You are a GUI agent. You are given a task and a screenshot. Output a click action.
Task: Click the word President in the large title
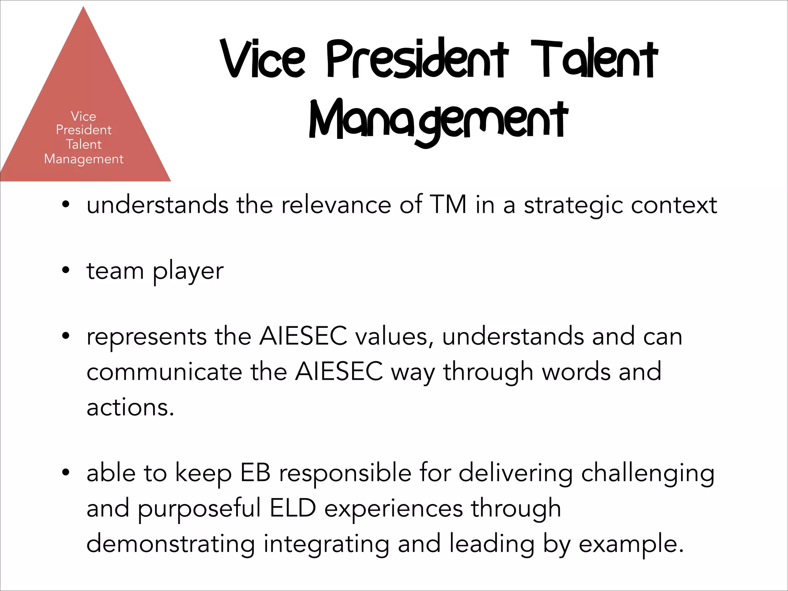point(417,60)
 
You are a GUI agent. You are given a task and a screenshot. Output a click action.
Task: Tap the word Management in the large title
point(439,120)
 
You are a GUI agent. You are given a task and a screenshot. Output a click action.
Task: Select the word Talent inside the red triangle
point(83,144)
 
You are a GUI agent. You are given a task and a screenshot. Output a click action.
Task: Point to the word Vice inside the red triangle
point(83,116)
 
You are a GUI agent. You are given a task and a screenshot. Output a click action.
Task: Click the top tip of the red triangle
point(83,8)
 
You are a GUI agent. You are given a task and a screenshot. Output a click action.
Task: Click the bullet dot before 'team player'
point(66,270)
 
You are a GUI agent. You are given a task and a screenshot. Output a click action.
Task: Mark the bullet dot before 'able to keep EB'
point(66,472)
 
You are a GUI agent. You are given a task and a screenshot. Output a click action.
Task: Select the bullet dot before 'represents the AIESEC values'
point(66,336)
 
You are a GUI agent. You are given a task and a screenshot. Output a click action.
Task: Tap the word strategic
point(573,205)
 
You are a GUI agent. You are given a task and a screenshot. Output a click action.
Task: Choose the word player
point(188,272)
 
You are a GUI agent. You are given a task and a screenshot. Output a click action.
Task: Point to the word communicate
point(164,372)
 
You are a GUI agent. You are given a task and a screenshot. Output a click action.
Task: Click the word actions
point(130,407)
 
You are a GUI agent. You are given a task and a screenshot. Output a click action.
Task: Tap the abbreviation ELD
point(293,508)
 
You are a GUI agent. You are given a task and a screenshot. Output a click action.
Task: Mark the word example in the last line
point(631,545)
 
